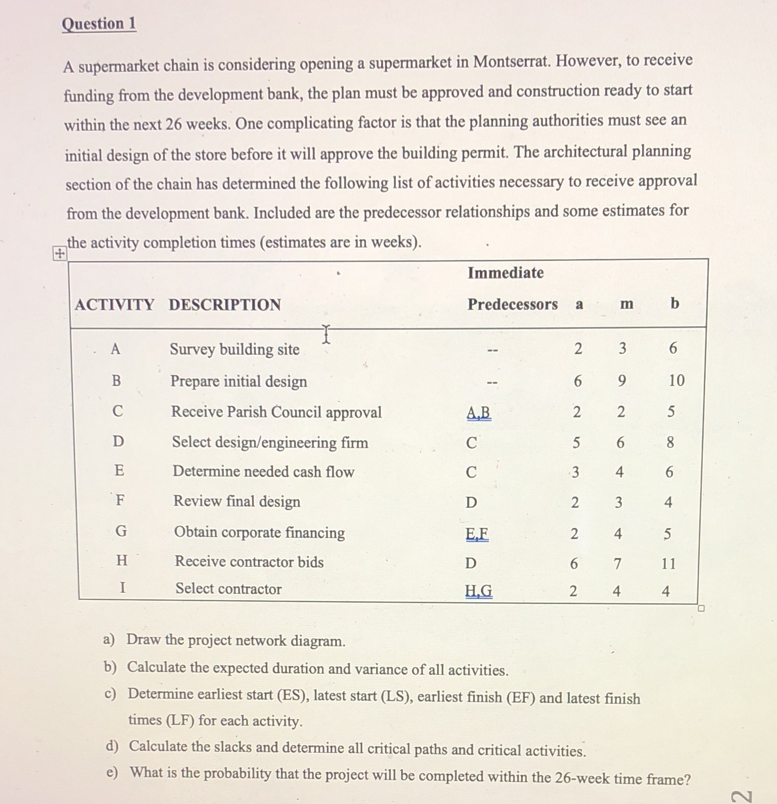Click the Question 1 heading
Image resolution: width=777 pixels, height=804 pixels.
99,24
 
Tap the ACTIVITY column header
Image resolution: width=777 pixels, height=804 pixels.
114,304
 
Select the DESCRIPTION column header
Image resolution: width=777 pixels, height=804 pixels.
225,304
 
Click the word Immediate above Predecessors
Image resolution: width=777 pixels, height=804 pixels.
505,273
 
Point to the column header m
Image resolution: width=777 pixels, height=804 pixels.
626,304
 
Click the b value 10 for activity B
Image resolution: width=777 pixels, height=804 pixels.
676,380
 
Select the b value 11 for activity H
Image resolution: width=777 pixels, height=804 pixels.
669,564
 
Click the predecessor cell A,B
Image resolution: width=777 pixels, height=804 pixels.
478,413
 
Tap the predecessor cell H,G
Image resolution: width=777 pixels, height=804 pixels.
478,591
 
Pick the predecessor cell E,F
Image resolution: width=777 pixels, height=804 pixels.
477,533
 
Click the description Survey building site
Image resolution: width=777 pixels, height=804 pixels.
235,349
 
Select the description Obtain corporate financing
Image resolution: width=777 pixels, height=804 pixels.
259,532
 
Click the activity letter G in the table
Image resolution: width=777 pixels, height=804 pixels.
121,531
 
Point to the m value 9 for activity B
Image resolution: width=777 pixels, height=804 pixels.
622,380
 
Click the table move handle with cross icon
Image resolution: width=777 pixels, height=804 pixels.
59,253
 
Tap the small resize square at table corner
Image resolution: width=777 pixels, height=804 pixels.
701,608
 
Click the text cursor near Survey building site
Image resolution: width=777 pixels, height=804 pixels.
326,334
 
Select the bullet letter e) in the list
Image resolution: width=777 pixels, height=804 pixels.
112,772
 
